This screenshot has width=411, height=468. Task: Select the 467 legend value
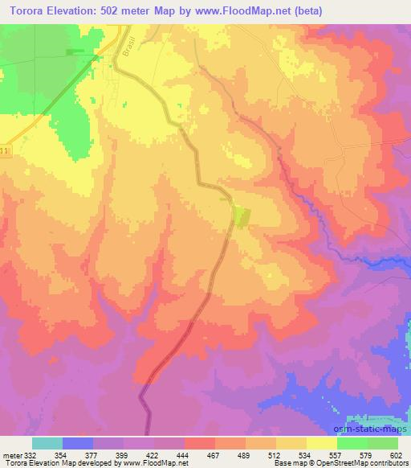213,454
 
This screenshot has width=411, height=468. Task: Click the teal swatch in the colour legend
48,442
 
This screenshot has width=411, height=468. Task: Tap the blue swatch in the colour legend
79,442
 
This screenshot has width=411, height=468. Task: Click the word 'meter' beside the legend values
10,454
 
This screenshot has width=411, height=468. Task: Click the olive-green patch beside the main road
241,215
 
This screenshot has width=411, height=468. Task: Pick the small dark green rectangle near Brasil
76,51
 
